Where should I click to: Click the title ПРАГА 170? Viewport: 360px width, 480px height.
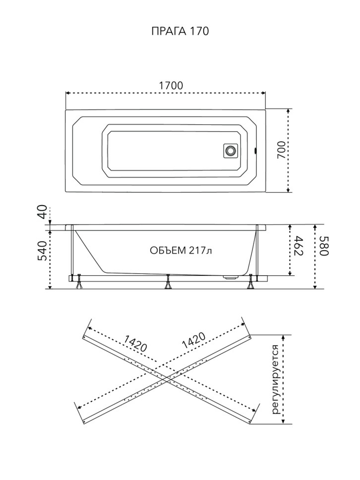coord(180,31)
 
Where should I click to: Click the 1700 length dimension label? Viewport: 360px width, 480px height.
coord(171,86)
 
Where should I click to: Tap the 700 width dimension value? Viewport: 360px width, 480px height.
coord(282,150)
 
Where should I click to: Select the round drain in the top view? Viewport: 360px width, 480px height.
coord(230,150)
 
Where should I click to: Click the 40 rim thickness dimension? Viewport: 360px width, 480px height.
coord(42,212)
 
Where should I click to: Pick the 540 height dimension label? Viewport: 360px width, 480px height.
coord(42,251)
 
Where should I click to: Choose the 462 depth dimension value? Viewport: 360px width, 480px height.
coord(298,245)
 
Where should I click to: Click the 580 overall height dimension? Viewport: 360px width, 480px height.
coord(324,246)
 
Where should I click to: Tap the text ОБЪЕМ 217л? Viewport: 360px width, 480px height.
coord(181,250)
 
